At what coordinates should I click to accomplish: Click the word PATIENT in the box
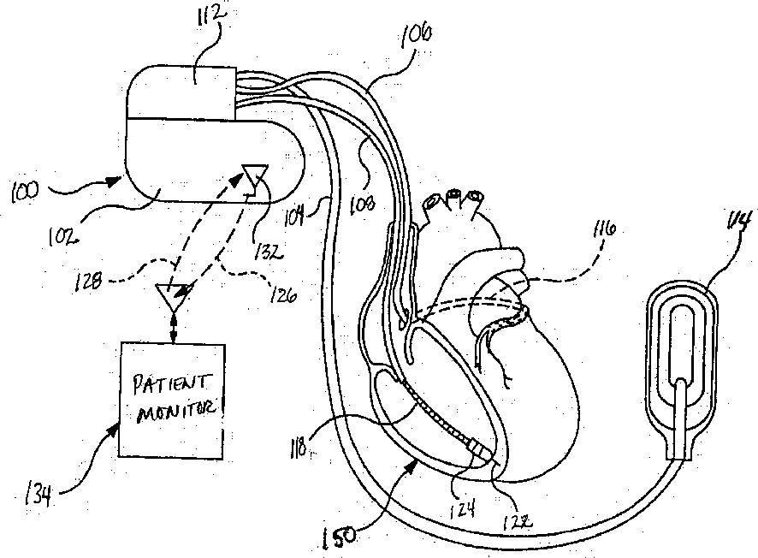[171, 378]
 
